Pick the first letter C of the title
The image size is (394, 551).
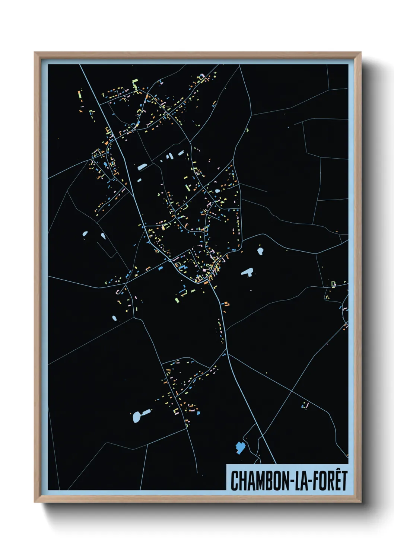[234, 481]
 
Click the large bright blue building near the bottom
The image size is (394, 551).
[240, 447]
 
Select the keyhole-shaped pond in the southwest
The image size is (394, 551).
[140, 415]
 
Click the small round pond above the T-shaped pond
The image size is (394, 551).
[260, 251]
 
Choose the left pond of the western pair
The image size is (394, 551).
[85, 234]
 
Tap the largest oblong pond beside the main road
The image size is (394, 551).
[143, 167]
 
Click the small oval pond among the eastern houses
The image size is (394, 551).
[217, 191]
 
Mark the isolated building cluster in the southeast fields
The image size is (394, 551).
[305, 405]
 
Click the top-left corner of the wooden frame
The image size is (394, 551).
[35, 53]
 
